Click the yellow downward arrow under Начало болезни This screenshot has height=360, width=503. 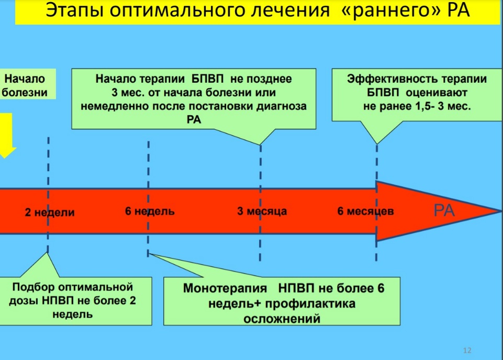tap(6, 134)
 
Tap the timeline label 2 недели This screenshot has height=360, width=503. tap(50, 212)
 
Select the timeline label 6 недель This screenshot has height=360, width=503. tap(150, 211)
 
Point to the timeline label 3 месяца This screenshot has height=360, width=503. tap(262, 211)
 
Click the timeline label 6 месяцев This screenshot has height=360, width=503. tap(366, 211)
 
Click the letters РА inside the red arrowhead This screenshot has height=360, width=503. tap(444, 211)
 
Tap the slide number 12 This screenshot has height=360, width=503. tap(467, 351)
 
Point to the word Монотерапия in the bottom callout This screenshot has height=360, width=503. tap(225, 288)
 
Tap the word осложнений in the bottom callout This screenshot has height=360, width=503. tap(282, 319)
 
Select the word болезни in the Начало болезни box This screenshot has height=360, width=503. tap(25, 93)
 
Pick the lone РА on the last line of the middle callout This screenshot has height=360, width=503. tap(194, 120)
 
